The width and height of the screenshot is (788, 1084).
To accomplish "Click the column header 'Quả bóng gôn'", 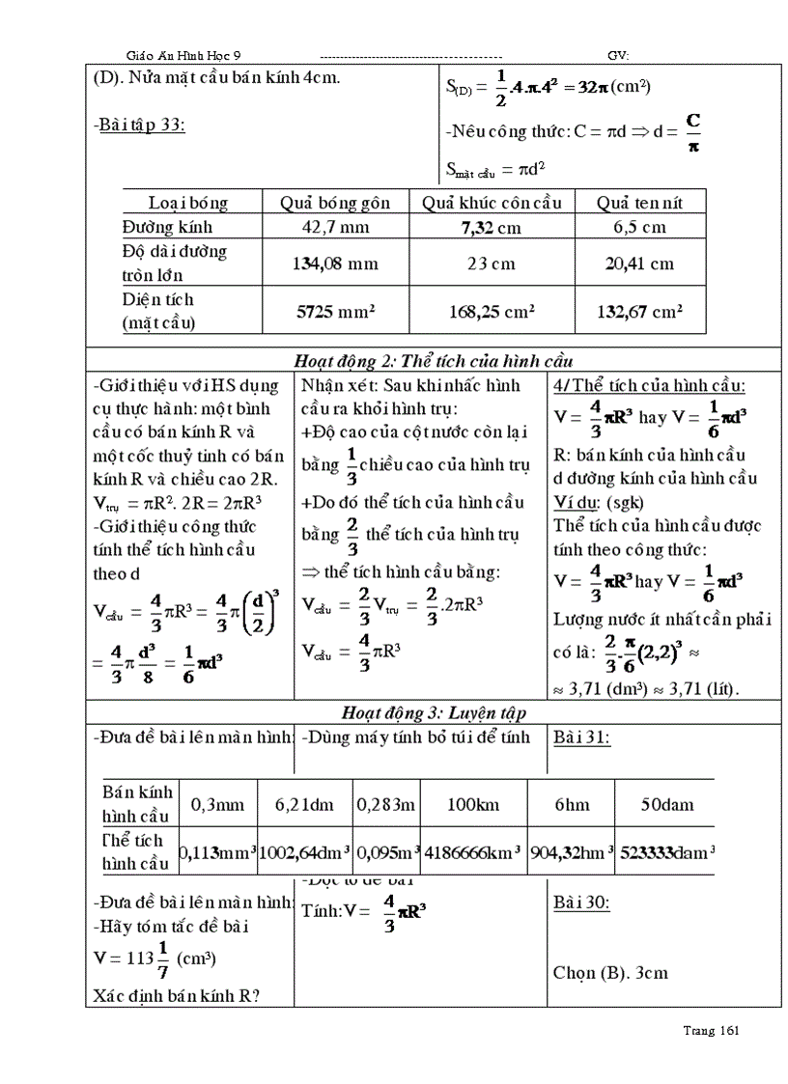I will coord(335,203).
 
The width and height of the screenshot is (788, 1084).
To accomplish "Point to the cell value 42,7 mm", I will coord(335,227).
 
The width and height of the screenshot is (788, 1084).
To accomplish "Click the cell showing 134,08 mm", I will coord(335,264).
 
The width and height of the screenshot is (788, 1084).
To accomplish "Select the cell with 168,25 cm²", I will coord(492,312).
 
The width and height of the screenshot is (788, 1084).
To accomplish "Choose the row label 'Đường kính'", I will coord(167,227).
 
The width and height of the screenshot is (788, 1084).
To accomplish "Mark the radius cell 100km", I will coord(472,803).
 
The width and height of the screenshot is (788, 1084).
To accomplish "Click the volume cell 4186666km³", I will coord(472,852).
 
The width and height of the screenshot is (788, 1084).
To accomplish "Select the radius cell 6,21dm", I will coord(303,803).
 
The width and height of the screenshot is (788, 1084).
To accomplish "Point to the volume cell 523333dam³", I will coord(666,852).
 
